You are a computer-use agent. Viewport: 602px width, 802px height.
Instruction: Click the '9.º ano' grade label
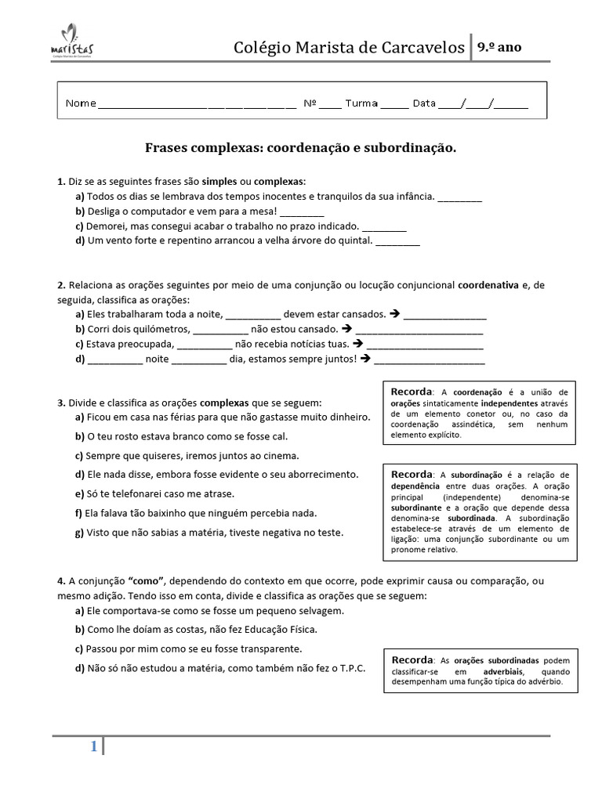click(x=499, y=47)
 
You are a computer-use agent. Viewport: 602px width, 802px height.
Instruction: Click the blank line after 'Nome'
click(x=196, y=104)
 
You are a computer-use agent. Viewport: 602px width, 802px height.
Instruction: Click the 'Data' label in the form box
click(x=423, y=103)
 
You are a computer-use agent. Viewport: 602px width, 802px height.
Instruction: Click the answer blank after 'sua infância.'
click(x=459, y=197)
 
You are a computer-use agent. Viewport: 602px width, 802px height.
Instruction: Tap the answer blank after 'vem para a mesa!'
click(x=301, y=212)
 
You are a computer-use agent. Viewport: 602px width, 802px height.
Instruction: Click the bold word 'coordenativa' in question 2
click(x=488, y=285)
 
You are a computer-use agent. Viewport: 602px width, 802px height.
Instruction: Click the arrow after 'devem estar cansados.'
click(x=395, y=315)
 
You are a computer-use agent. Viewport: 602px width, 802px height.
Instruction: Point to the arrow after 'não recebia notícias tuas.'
click(x=358, y=344)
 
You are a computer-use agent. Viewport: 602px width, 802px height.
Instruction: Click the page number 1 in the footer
click(x=93, y=747)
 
